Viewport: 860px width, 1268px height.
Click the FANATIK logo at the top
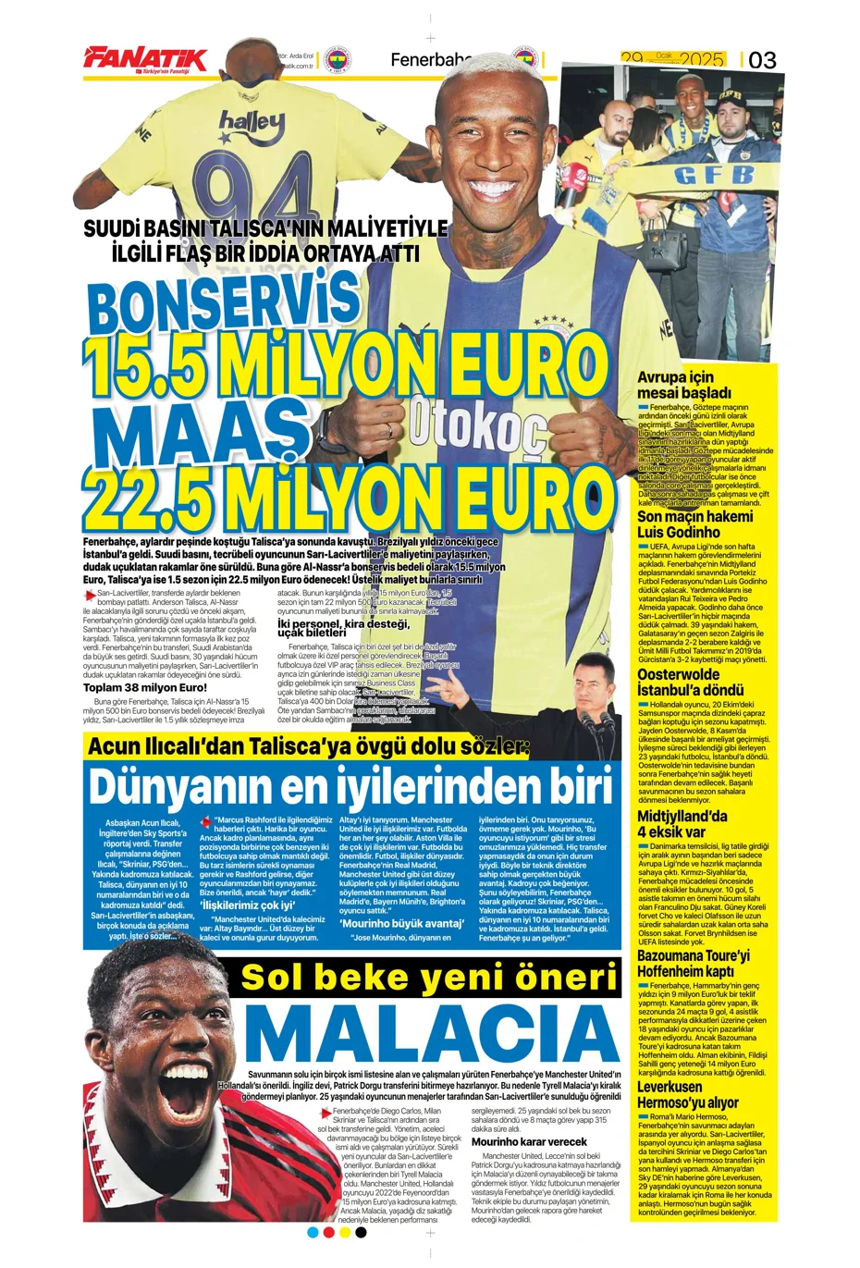coord(145,59)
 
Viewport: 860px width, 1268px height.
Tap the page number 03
coord(762,61)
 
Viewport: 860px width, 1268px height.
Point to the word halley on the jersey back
coord(252,121)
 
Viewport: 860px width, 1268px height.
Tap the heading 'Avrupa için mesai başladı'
coord(684,385)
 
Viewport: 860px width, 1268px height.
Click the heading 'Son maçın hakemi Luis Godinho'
coord(694,524)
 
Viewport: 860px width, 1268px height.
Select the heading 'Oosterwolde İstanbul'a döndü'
coord(691,683)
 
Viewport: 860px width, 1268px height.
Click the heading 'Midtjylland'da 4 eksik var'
coord(682,824)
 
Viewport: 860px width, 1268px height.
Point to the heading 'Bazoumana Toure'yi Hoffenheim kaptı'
coord(694,963)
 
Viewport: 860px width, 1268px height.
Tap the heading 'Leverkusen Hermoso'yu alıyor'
coord(688,1095)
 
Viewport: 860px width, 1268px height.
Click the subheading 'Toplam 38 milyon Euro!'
coord(145,687)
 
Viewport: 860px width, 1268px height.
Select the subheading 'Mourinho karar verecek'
coord(529,1141)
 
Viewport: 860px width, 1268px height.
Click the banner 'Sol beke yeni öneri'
coord(429,977)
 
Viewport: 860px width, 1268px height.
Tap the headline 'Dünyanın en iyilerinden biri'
coord(350,787)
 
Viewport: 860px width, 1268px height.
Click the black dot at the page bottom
coord(362,1232)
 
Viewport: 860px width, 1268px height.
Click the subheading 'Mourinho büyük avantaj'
coord(401,923)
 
